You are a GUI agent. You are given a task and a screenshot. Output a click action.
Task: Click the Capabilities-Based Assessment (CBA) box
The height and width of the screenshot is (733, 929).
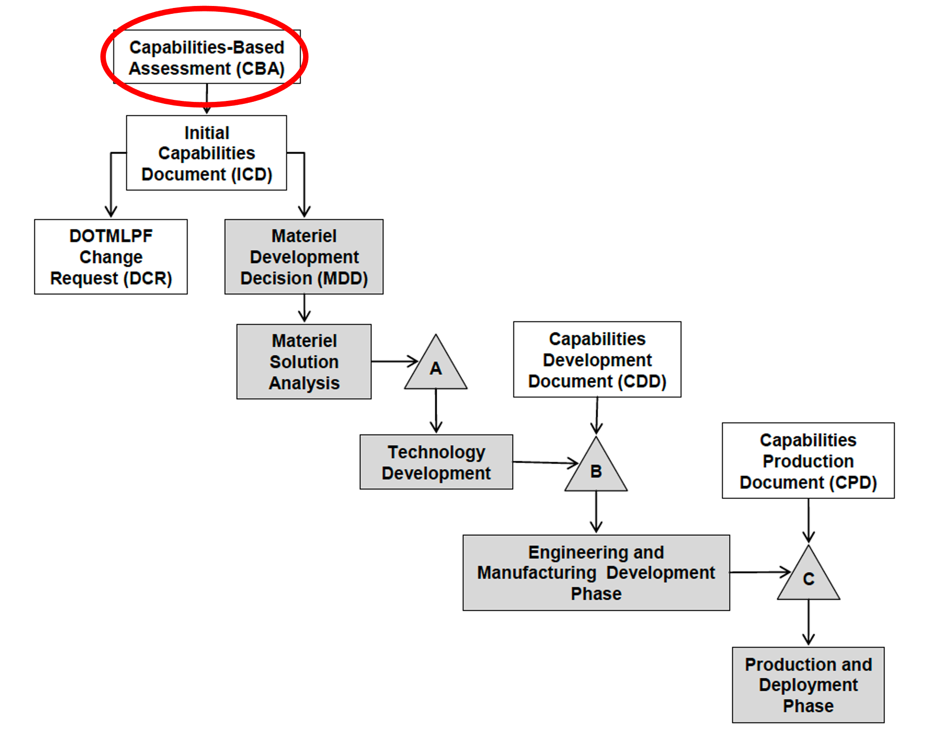(x=207, y=57)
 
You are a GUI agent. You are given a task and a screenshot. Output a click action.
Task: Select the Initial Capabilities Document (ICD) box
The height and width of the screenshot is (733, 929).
(x=207, y=153)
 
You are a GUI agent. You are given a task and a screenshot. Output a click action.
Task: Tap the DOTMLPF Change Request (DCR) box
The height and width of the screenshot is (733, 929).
(x=111, y=257)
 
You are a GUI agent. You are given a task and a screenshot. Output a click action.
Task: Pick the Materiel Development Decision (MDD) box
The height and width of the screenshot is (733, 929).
(x=304, y=257)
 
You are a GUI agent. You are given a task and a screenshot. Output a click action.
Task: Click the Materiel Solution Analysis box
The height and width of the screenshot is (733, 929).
(x=304, y=362)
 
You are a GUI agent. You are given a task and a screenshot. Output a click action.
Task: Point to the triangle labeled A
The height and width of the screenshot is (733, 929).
(x=436, y=368)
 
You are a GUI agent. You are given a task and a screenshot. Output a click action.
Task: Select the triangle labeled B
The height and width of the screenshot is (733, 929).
(x=596, y=470)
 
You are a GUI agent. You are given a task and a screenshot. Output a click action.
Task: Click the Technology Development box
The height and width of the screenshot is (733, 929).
(x=436, y=462)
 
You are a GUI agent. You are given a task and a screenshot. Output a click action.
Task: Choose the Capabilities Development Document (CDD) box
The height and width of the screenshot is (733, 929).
(x=597, y=359)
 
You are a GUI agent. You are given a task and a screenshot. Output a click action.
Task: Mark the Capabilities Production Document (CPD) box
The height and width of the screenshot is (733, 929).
(x=808, y=461)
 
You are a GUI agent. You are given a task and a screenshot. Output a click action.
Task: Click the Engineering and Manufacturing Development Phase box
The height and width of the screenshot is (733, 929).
(x=596, y=572)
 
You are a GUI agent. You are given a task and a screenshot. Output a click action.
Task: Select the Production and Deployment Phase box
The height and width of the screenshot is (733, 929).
(x=808, y=685)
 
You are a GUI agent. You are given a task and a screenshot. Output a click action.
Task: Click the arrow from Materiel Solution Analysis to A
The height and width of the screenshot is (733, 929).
(x=393, y=361)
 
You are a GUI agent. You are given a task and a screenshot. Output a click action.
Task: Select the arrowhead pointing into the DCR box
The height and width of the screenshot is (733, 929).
(x=111, y=211)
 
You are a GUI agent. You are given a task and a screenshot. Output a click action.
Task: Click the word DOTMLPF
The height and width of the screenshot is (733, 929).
(x=111, y=236)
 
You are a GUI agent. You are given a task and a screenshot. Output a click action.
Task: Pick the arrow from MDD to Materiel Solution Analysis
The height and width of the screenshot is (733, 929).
(x=304, y=308)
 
